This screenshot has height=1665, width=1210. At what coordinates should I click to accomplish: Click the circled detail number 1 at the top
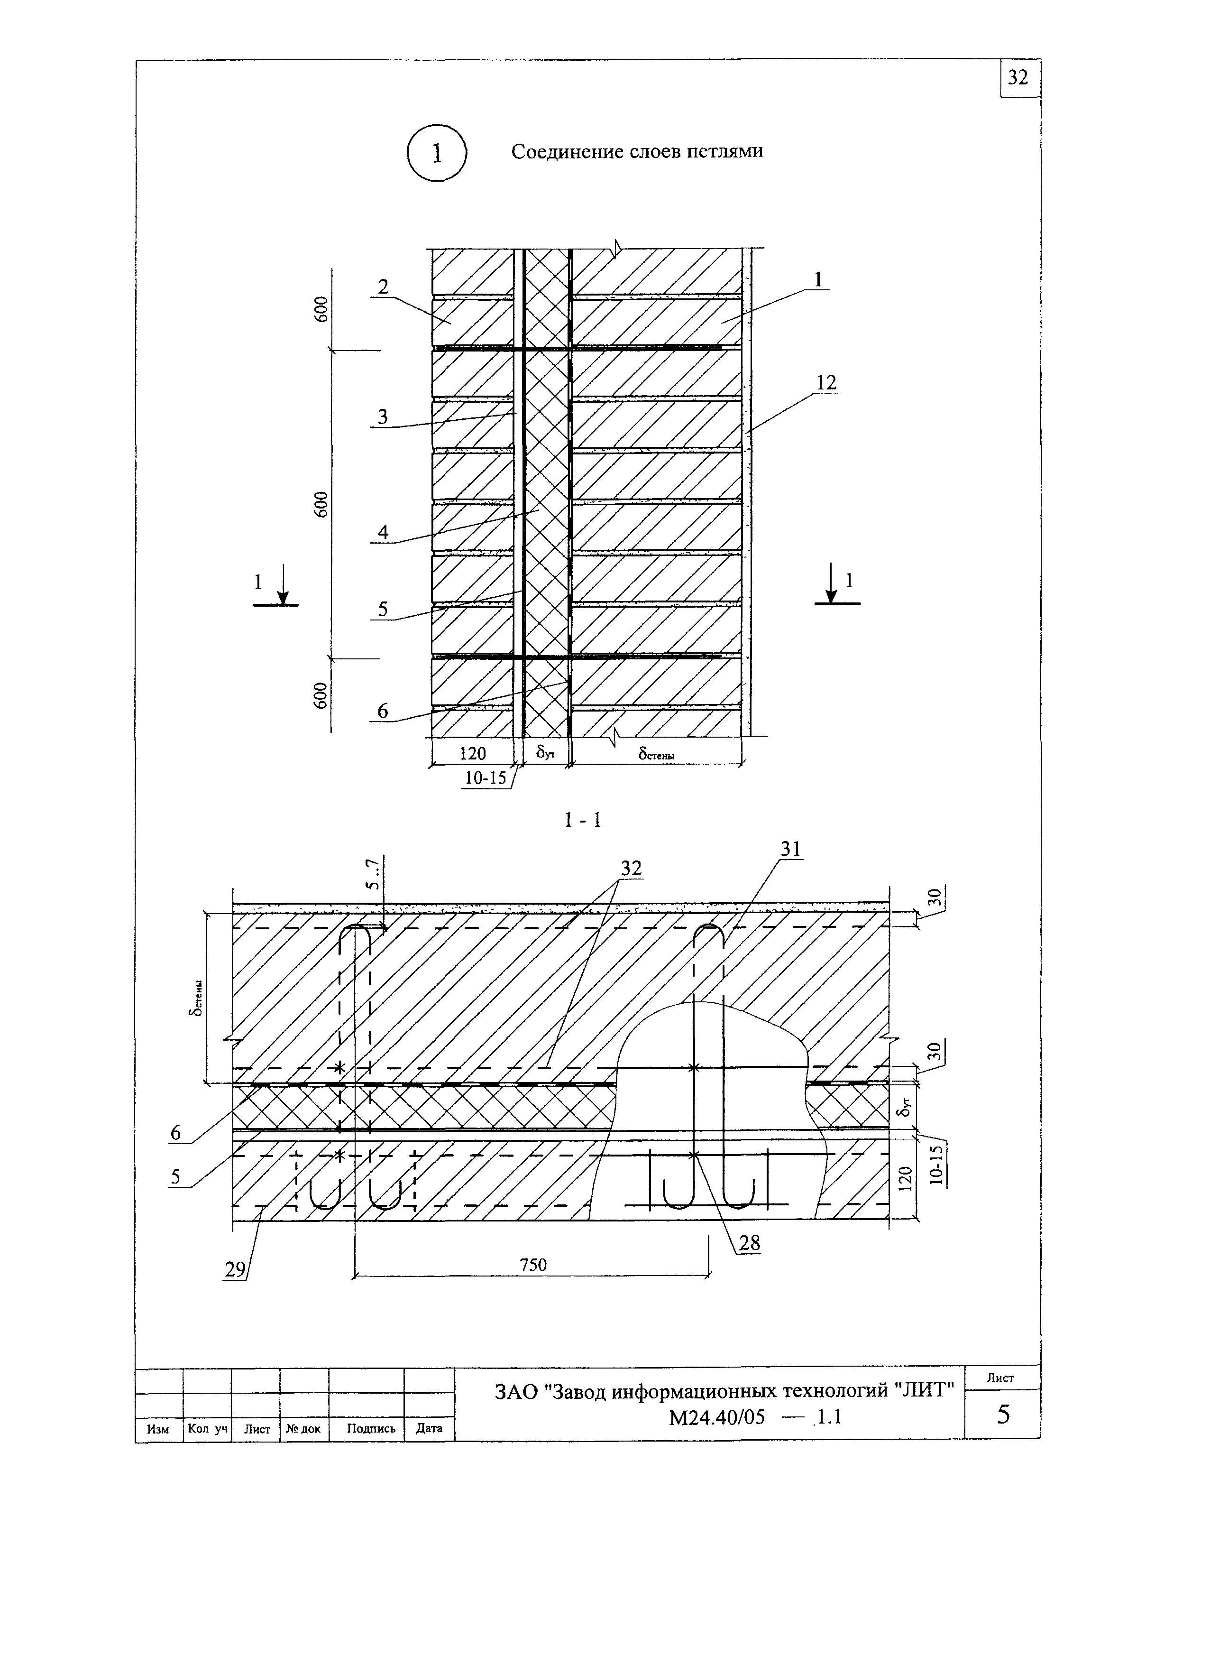pos(437,153)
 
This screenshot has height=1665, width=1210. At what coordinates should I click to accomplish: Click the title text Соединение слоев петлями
pos(636,151)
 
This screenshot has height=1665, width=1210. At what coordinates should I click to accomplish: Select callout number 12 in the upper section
pos(825,382)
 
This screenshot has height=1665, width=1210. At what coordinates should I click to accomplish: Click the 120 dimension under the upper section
pos(472,753)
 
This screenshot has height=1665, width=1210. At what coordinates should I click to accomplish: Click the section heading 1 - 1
pos(583,820)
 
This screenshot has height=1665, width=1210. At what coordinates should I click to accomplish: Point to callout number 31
pos(790,850)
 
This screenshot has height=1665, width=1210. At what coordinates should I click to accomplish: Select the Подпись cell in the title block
pos(371,1429)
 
